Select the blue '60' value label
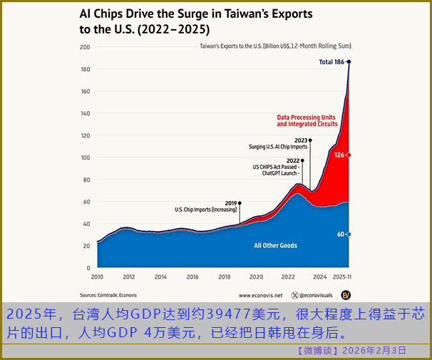tap(341, 234)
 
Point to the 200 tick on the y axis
tap(85, 47)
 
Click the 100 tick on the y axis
tap(85, 158)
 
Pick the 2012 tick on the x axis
tap(129, 277)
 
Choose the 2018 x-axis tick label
tap(225, 277)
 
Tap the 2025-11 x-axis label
tap(343, 277)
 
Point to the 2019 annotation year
tap(231, 202)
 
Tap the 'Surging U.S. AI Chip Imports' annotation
tap(278, 147)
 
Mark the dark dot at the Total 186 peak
tap(349, 62)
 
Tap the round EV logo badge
tap(346, 294)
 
